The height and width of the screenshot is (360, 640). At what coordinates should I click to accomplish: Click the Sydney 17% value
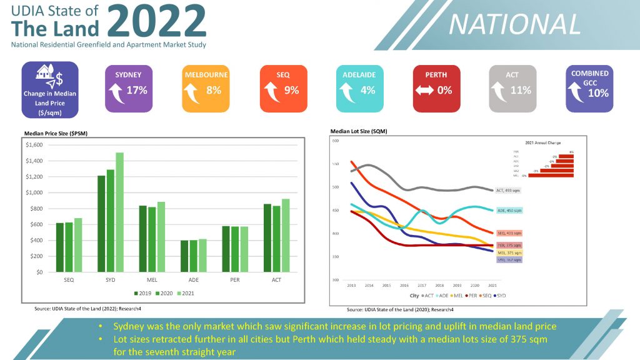137,91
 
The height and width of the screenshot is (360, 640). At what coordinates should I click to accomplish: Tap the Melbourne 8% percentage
214,91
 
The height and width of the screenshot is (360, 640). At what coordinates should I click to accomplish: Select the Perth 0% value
444,91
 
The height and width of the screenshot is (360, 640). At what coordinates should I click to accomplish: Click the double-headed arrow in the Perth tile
424,91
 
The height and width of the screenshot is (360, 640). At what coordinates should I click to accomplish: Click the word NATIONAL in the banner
514,24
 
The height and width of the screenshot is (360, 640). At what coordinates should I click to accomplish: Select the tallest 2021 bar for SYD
119,212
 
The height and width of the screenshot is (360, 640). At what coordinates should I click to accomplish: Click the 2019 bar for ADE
184,256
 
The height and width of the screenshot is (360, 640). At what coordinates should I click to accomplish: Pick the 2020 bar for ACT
276,239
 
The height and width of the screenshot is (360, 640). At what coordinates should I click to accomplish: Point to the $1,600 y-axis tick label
34,145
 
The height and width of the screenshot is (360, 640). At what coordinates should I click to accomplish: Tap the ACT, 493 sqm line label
508,190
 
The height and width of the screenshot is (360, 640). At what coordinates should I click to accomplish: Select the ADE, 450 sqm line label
509,211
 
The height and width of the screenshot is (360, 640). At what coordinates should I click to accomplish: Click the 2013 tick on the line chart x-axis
351,284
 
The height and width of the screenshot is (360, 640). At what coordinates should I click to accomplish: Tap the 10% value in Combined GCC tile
598,94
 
